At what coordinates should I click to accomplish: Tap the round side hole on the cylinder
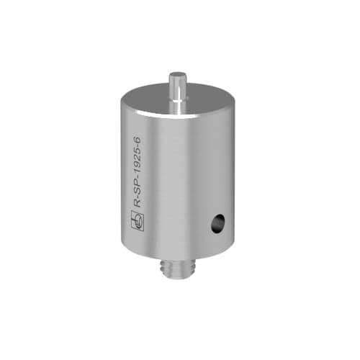click(x=215, y=226)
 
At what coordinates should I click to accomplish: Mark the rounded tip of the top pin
click(x=177, y=74)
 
